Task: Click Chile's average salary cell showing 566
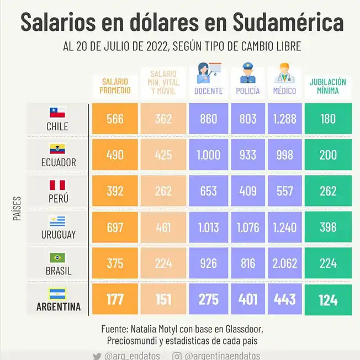[x=115, y=119]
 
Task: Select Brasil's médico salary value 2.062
[x=285, y=263]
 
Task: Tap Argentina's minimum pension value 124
[x=328, y=300]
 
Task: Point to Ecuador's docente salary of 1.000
[x=208, y=155]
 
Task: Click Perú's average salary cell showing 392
[x=115, y=191]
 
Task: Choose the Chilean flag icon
[x=57, y=113]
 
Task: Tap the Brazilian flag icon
[x=57, y=257]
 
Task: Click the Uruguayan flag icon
[x=57, y=221]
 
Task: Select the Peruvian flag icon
[x=57, y=185]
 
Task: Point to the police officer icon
[x=247, y=73]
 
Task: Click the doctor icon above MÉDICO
[x=284, y=73]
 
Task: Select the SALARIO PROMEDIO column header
[x=115, y=86]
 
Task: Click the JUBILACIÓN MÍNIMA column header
[x=328, y=86]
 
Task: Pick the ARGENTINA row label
[x=58, y=306]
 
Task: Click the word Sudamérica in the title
[x=287, y=23]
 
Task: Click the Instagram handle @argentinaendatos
[x=223, y=356]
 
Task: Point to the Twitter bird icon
[x=97, y=356]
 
